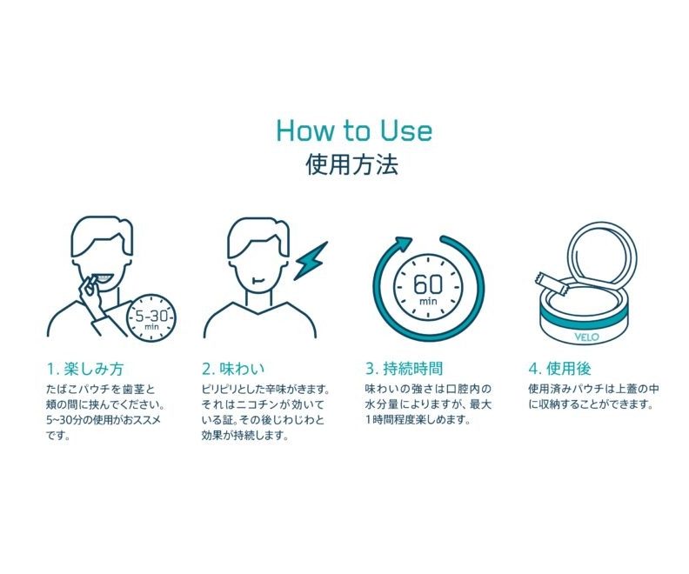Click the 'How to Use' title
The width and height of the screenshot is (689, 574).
click(354, 130)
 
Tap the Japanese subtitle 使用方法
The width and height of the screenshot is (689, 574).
click(352, 164)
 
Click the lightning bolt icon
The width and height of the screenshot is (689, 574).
click(311, 261)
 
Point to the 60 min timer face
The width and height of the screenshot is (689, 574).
click(427, 288)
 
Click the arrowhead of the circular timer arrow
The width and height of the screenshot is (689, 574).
click(404, 244)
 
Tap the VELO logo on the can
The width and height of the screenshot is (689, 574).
click(586, 337)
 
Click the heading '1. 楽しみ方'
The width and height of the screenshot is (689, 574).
click(85, 369)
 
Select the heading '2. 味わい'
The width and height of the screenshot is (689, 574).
click(233, 369)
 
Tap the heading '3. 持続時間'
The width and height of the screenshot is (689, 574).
click(404, 369)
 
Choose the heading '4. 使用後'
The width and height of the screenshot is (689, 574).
click(559, 369)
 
